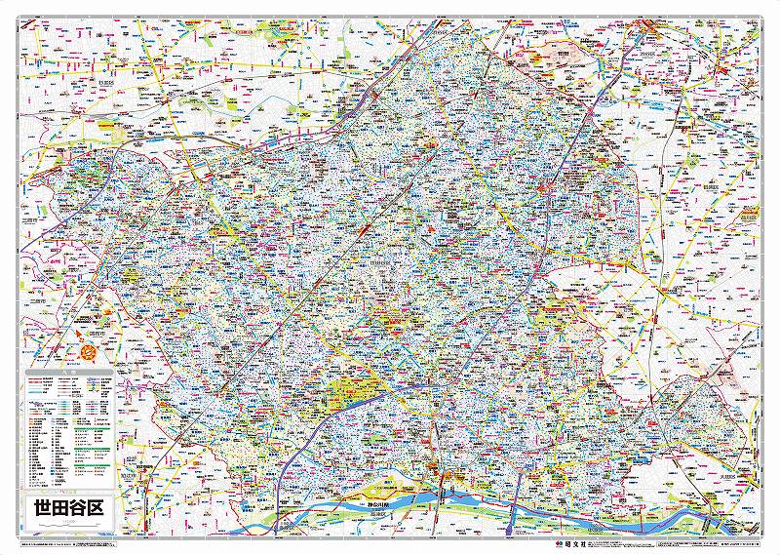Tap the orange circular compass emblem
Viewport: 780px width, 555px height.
[92, 347]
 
